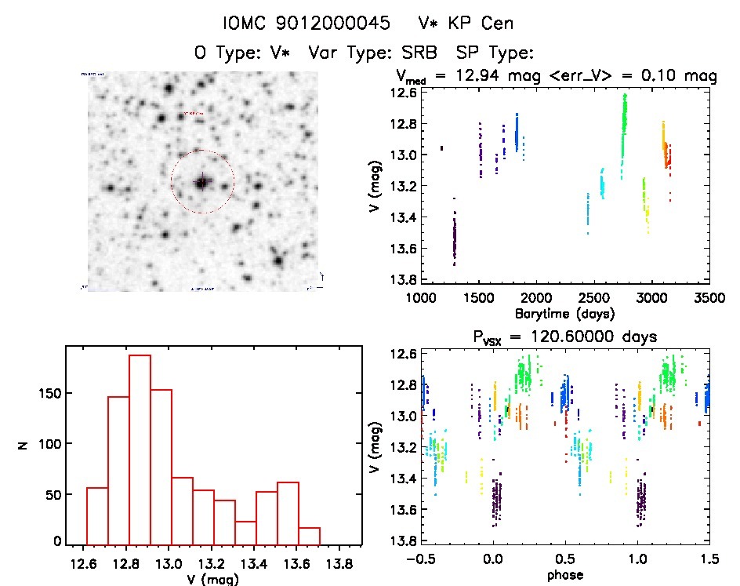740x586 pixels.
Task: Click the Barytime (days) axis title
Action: click(564, 313)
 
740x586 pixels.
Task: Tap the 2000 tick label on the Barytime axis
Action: click(536, 298)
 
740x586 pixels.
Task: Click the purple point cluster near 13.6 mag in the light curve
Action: click(454, 239)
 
